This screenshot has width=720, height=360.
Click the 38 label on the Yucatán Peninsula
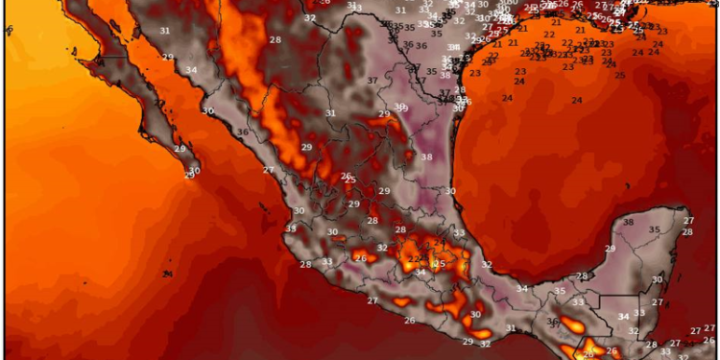pos(629,223)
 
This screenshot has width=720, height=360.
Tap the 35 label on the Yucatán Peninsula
pos(655,229)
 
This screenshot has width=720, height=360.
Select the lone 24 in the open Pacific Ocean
pos(168,274)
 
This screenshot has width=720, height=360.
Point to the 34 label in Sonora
pos(192,70)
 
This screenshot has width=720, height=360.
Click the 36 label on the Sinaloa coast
pos(243,132)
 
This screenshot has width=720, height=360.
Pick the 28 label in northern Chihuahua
pos(276,39)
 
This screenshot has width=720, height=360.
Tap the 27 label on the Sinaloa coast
pos(269,170)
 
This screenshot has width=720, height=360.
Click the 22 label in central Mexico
pos(413,258)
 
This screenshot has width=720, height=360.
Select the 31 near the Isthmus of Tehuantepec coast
pos(511,329)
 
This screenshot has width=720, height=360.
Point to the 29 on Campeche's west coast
pos(610,249)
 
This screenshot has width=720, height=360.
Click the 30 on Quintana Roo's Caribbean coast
pos(658,279)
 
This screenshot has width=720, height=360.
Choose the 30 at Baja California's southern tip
pos(195,171)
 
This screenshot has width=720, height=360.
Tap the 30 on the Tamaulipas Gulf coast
pos(450,191)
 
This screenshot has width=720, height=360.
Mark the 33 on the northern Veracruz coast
pos(460,233)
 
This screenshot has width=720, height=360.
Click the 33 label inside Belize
pos(639,313)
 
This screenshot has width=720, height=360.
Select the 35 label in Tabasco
pos(560,291)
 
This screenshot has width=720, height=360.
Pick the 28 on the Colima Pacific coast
pos(305,265)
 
